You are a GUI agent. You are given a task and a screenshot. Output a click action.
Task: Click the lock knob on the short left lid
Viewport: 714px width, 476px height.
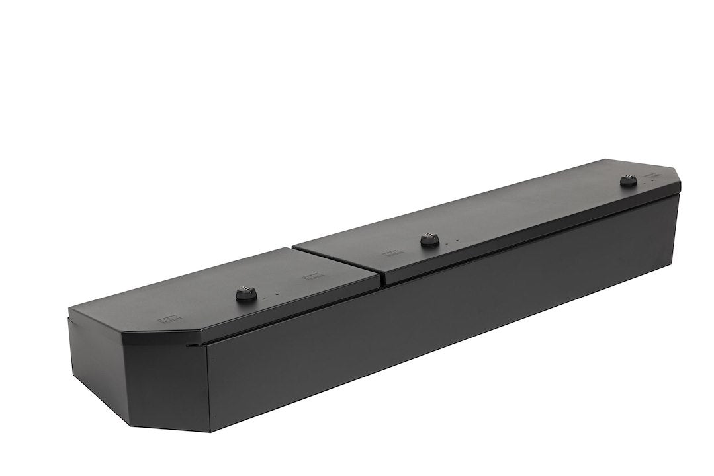pyautogui.click(x=245, y=294)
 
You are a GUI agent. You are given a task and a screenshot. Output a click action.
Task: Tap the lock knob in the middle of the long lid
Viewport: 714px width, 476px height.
pyautogui.click(x=430, y=241)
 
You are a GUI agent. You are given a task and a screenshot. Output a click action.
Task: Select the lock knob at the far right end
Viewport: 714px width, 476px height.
pyautogui.click(x=628, y=180)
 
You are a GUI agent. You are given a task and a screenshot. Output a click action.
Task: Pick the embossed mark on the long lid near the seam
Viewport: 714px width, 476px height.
pyautogui.click(x=389, y=253)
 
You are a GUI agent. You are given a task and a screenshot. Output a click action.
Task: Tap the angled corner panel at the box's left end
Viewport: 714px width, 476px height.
pyautogui.click(x=165, y=377)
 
